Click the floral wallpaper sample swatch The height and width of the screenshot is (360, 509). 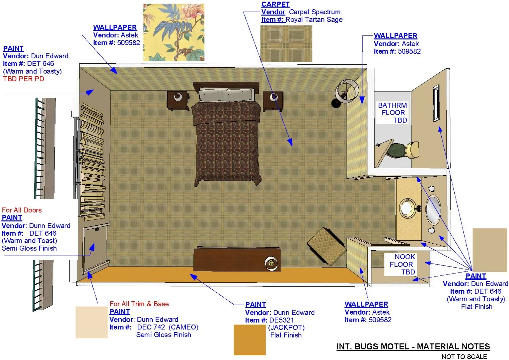tap(174, 32)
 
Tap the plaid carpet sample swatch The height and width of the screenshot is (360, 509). tap(286, 43)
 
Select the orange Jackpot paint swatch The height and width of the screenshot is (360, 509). tap(250, 340)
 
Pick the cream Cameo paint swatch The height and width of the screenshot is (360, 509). tap(92, 322)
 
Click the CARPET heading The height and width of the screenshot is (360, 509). tap(275, 4)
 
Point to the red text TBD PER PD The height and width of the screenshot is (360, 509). tap(24, 79)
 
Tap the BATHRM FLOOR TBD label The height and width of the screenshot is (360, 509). tap(393, 113)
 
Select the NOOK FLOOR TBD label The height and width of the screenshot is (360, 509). tap(402, 265)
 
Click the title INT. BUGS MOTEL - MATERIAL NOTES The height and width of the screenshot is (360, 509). tap(413, 346)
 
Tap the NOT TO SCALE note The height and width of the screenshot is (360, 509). tap(464, 356)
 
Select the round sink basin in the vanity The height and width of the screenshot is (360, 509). tap(407, 208)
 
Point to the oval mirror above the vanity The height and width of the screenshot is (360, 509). tap(433, 210)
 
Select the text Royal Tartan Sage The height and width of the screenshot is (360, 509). tap(314, 20)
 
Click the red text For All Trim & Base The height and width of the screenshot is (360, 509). tap(139, 304)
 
